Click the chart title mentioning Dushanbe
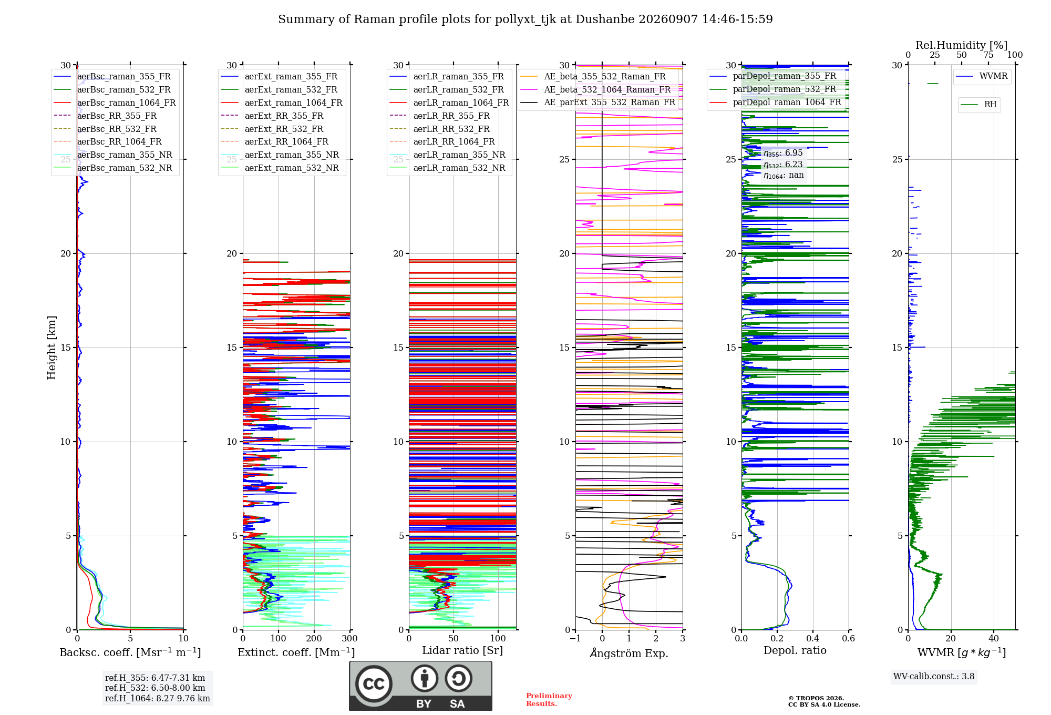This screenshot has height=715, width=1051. pos(525,19)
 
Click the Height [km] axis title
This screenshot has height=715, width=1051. pos(51,348)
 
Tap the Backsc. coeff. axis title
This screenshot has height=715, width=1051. pos(130,652)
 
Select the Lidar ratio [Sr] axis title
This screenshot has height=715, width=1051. pos(462,650)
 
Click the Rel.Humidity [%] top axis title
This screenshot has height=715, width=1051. pos(962,45)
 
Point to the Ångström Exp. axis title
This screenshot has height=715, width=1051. pos(629,652)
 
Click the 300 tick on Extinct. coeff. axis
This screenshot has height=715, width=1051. pos(350,638)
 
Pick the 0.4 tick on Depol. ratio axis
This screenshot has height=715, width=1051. pos(813,638)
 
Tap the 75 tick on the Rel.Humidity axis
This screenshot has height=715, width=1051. pos(988,55)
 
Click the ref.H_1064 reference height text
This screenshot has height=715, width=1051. pos(158,698)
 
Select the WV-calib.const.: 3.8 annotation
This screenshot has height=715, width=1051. pos(934,676)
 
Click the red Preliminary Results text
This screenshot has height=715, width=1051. pos(549,700)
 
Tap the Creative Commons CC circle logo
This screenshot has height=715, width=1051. pos(374,683)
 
